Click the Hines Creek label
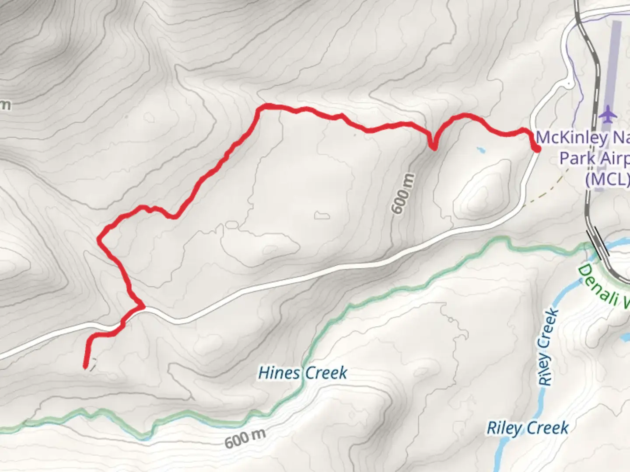pos(303,373)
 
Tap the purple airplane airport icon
pos(609,115)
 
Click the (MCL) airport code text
pos(607,179)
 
